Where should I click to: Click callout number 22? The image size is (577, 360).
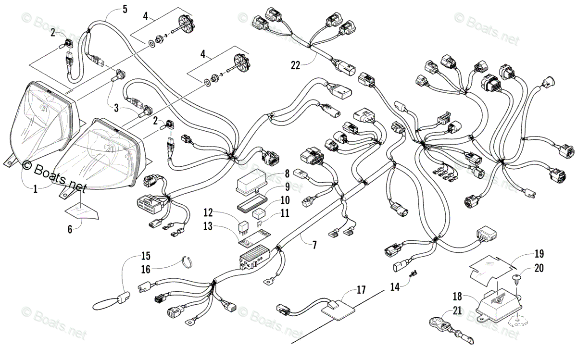click(x=296, y=64)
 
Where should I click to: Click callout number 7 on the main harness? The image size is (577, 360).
click(x=314, y=245)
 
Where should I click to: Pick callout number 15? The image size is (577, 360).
click(x=146, y=255)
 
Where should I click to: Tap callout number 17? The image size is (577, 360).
click(x=361, y=290)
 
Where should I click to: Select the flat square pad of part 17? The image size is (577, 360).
click(x=340, y=307)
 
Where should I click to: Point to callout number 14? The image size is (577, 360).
click(x=395, y=287)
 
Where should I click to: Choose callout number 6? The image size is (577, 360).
click(x=70, y=229)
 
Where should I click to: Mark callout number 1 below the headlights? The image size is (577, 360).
click(x=35, y=189)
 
